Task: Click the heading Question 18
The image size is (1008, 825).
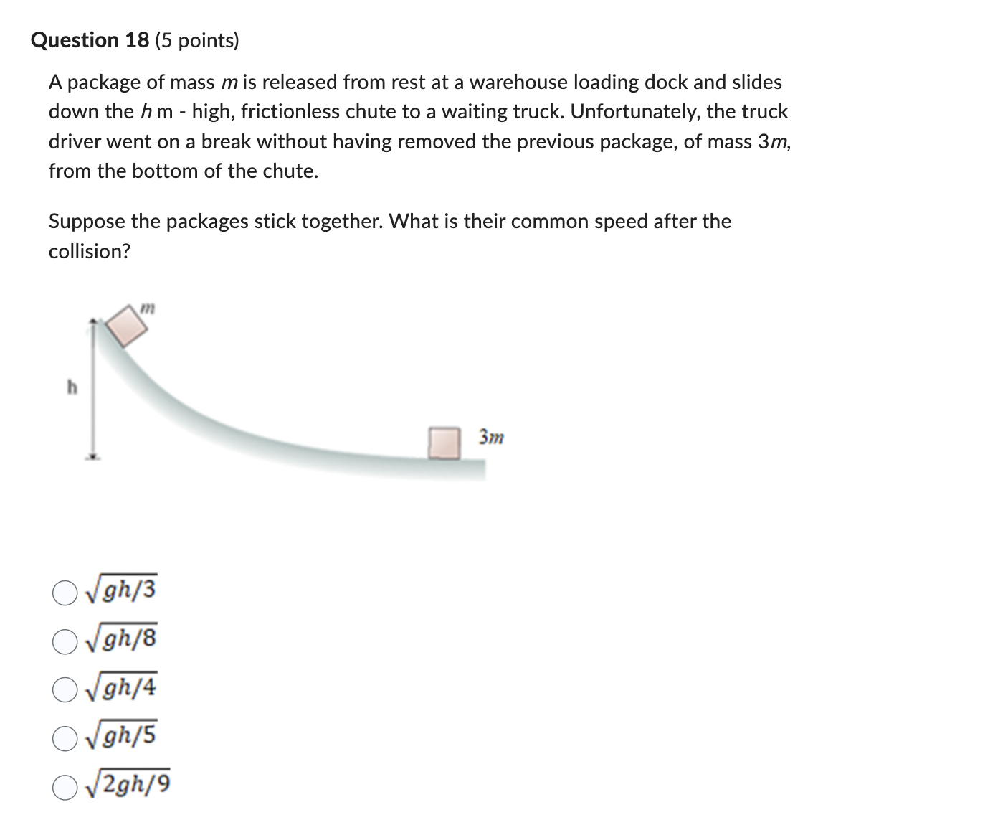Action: tap(90, 40)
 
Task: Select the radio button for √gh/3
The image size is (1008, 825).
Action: tap(64, 593)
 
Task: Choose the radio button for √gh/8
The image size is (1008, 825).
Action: tap(64, 641)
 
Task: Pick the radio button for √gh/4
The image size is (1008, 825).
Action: tap(64, 690)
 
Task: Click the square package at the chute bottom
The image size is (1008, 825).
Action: tap(444, 443)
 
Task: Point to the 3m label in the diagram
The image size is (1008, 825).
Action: tap(492, 436)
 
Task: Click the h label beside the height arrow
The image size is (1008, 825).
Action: tap(72, 388)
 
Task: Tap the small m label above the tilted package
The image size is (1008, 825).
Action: tap(146, 308)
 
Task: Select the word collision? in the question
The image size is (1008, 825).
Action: tap(90, 252)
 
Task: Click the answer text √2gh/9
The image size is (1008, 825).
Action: tap(128, 786)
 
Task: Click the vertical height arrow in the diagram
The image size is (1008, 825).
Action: tap(92, 387)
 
